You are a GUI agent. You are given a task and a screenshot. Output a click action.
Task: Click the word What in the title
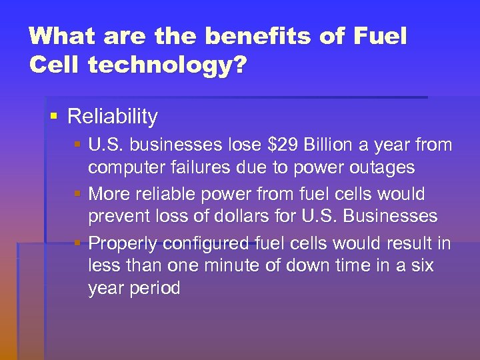coord(59,36)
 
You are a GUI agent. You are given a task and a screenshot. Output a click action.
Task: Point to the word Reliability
coord(113,117)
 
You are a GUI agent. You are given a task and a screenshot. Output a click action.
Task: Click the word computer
coord(127,167)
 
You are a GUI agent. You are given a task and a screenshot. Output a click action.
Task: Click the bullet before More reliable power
coord(78,194)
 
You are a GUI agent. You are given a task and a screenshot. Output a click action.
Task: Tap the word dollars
coord(257,216)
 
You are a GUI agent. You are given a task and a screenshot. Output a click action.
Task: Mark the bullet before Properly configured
coord(78,243)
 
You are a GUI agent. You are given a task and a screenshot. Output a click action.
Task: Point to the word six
coord(420,266)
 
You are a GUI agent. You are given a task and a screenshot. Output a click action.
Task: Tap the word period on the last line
coord(155,289)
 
